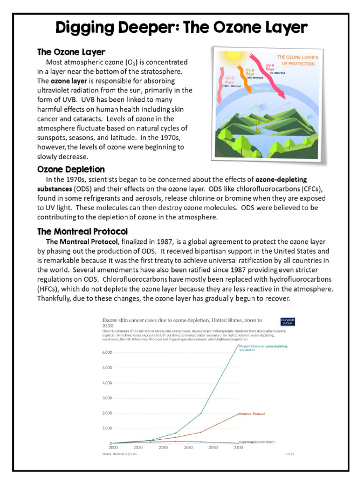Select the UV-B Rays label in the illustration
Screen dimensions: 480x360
pyautogui.click(x=250, y=71)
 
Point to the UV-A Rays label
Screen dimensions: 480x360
pyautogui.click(x=270, y=67)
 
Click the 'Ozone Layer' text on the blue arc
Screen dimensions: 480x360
pyautogui.click(x=262, y=88)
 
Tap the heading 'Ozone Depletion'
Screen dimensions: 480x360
pyautogui.click(x=71, y=169)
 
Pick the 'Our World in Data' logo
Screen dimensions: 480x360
pyautogui.click(x=286, y=322)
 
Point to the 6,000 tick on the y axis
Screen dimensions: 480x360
pyautogui.click(x=107, y=352)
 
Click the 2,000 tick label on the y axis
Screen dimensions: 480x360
pyautogui.click(x=107, y=413)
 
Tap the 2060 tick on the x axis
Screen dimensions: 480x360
pyautogui.click(x=188, y=448)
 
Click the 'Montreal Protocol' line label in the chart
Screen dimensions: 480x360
pyautogui.click(x=252, y=414)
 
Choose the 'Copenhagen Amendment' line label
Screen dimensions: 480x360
pyautogui.click(x=257, y=442)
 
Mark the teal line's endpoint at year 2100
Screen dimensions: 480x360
pyautogui.click(x=238, y=345)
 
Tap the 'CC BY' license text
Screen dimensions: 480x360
pyautogui.click(x=289, y=454)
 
